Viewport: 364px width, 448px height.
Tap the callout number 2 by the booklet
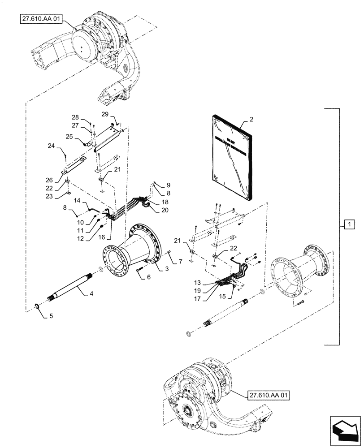(x=251, y=120)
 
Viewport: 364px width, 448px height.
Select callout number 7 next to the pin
(x=181, y=261)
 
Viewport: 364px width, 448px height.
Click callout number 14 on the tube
(x=77, y=201)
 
